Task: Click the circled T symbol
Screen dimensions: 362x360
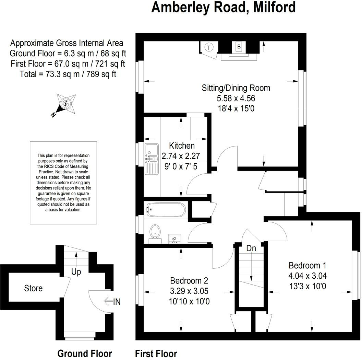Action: (x=208, y=47)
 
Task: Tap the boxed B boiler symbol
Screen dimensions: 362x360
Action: (x=239, y=46)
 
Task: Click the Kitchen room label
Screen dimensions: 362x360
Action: (x=182, y=146)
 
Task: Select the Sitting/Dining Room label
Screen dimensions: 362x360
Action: (x=236, y=88)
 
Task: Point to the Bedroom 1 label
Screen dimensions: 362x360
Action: (x=307, y=265)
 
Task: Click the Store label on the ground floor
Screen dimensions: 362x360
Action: (x=33, y=288)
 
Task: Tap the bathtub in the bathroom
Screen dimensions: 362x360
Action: (x=166, y=209)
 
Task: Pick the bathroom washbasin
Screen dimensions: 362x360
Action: (x=175, y=238)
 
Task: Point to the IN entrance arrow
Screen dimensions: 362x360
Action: (x=113, y=302)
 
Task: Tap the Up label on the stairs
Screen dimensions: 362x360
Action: (x=76, y=272)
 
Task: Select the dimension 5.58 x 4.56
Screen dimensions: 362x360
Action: (x=236, y=98)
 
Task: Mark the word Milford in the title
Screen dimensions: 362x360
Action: (x=274, y=7)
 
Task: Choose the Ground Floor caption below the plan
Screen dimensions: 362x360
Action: (x=85, y=353)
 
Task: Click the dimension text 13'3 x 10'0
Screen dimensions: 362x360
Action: (x=307, y=286)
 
